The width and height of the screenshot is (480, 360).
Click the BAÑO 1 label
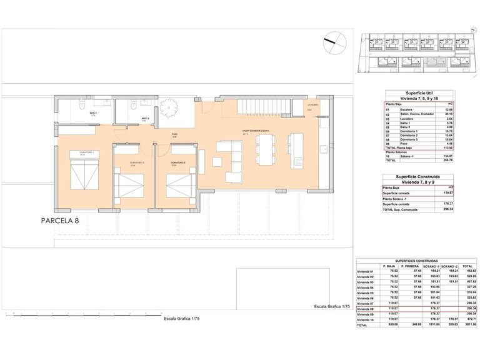(92, 112)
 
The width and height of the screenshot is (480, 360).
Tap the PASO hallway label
(176, 134)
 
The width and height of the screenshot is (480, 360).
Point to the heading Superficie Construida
(406, 176)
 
